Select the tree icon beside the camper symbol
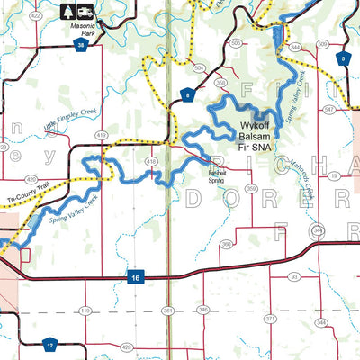[x=69, y=13]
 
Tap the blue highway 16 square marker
[x=133, y=276]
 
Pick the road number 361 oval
[x=168, y=310]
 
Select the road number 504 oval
[x=199, y=67]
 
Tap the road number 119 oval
[x=85, y=310]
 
